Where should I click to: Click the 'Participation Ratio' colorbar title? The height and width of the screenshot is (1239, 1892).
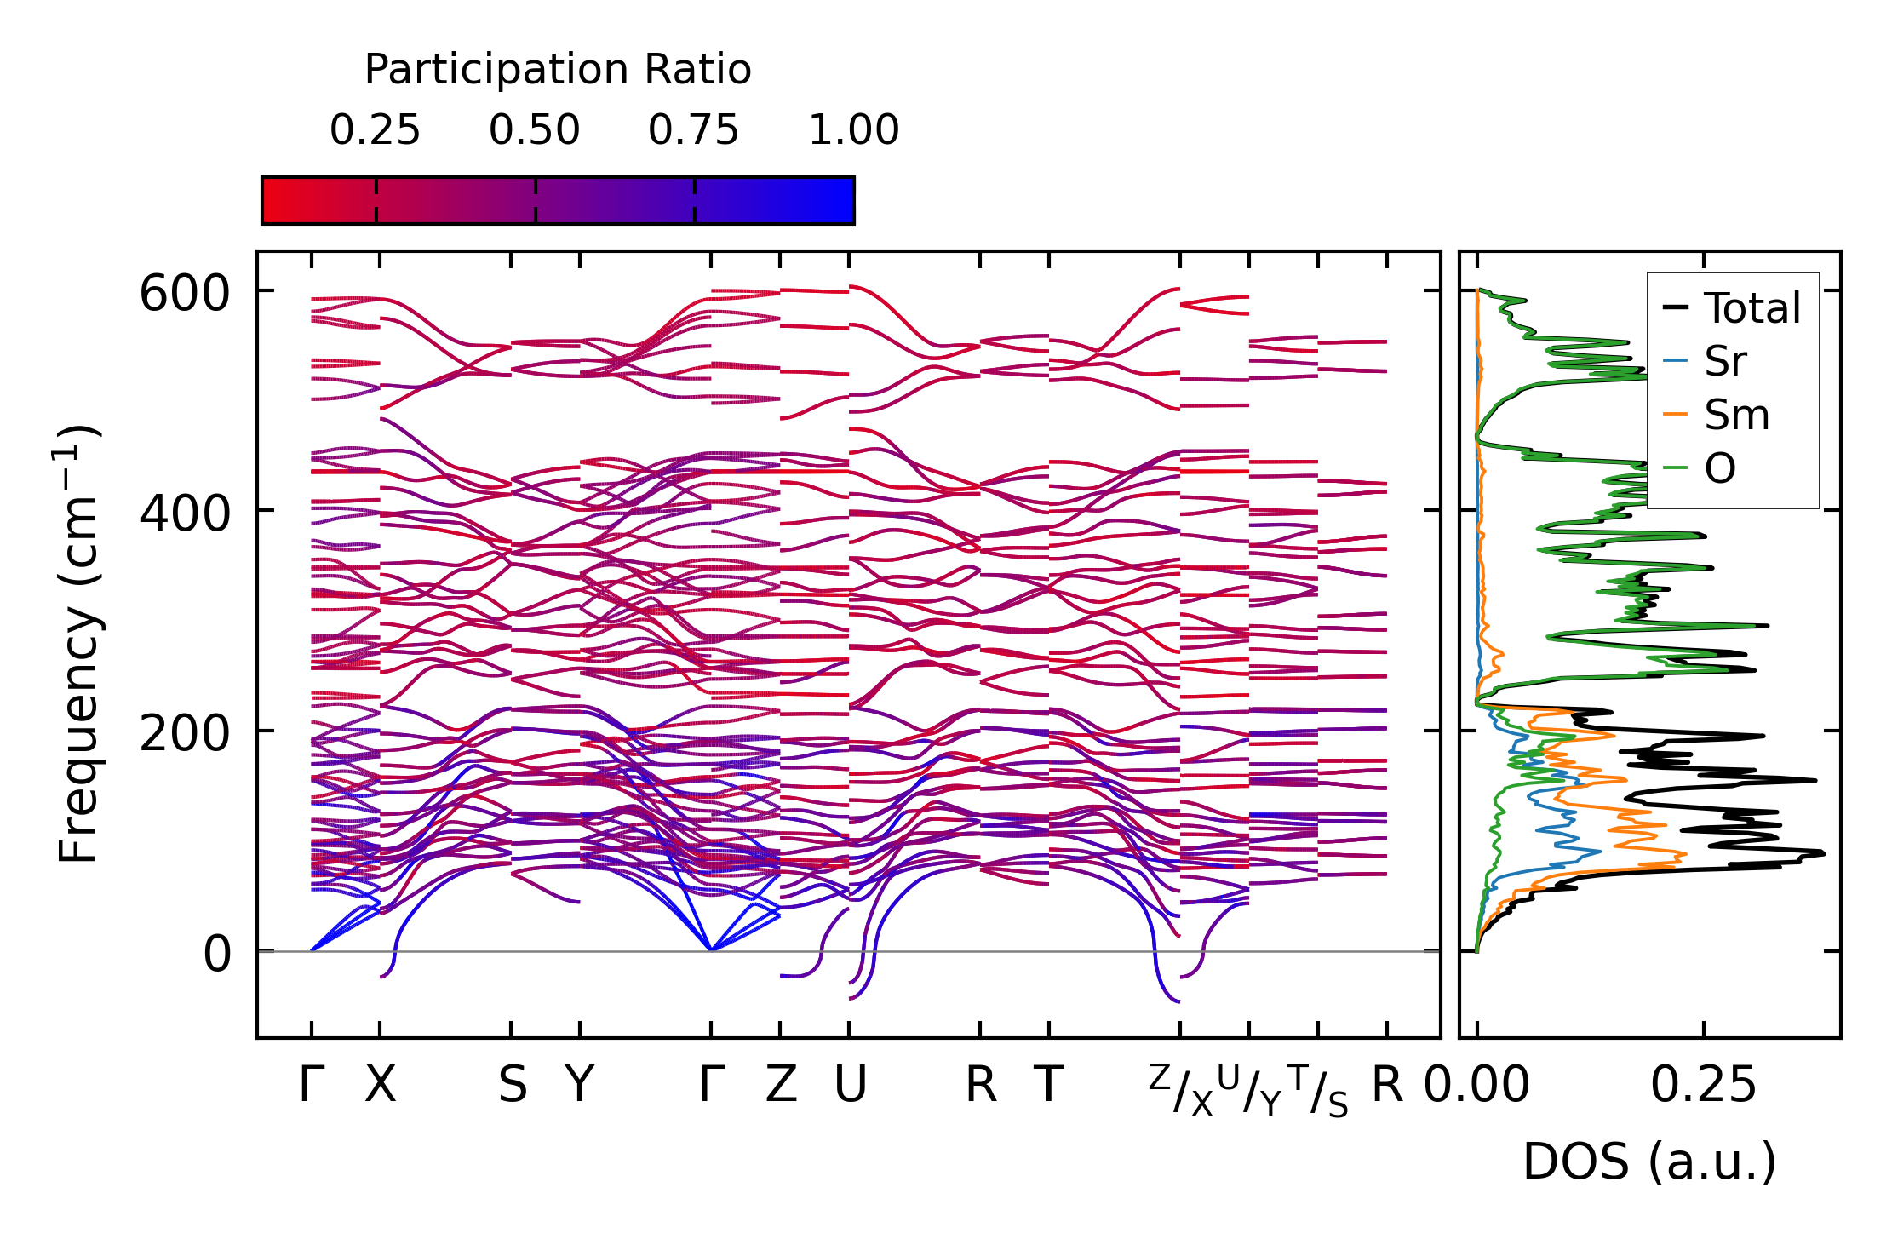point(558,70)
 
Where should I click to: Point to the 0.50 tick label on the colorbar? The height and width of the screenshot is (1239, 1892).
point(535,130)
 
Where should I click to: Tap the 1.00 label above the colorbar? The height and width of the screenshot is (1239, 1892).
point(853,130)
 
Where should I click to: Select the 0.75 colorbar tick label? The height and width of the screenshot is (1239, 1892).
point(693,130)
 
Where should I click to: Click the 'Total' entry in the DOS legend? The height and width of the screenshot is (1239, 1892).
point(1752,308)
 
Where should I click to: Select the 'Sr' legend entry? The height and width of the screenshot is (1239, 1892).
point(1725,362)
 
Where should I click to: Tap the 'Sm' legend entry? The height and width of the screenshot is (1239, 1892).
point(1736,416)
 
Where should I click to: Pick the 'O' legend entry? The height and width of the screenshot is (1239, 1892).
point(1720,468)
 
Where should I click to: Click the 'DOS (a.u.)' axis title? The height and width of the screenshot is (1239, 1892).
point(1649,1162)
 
